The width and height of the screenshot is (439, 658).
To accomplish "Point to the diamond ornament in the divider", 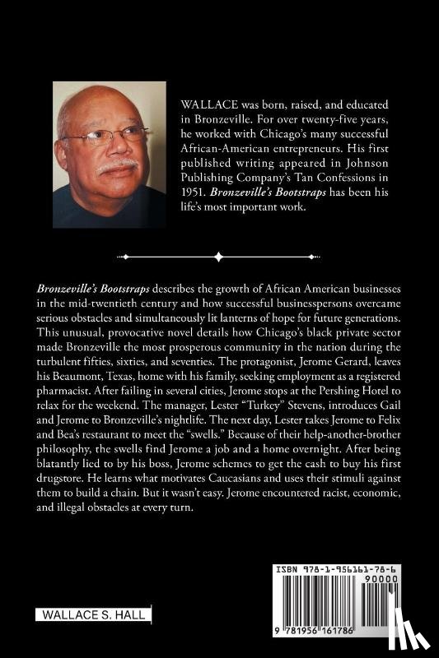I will click(x=219, y=257).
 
